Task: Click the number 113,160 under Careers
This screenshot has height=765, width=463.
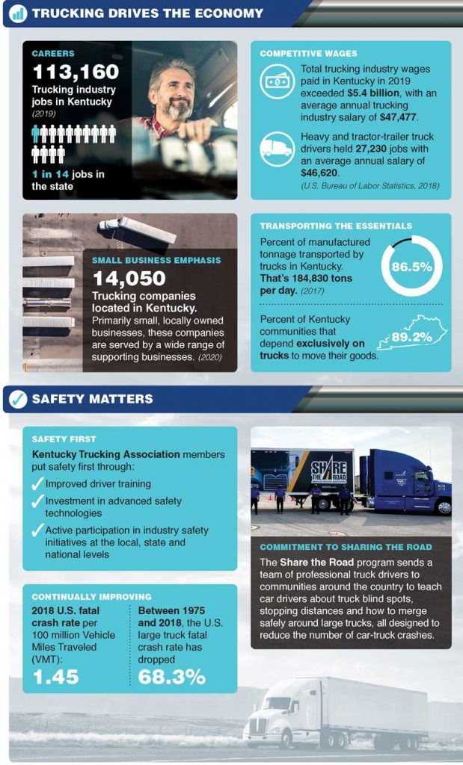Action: tap(75, 72)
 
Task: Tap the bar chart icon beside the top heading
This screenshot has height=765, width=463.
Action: tap(17, 13)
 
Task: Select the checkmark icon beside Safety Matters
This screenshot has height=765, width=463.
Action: tap(17, 399)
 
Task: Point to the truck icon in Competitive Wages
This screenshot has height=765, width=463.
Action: tap(276, 149)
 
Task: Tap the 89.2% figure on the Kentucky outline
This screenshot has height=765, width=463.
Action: tap(412, 338)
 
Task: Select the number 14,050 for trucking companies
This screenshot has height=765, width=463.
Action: tap(129, 279)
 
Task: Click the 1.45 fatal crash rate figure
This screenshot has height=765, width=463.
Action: tap(55, 677)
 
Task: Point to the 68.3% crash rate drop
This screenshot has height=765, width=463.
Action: tap(172, 677)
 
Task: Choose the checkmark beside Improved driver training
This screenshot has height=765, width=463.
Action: tap(38, 484)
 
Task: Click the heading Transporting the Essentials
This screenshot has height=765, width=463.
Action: tap(336, 226)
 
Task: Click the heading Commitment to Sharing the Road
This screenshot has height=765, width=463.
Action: tap(346, 547)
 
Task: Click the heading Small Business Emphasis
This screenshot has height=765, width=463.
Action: tap(156, 261)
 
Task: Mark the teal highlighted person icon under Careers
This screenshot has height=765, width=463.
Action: tap(35, 134)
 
